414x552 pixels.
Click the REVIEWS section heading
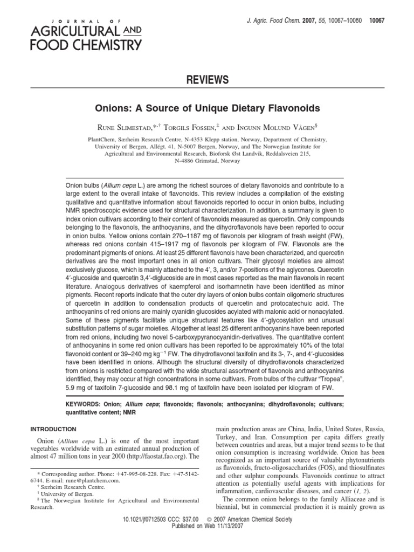point(207,80)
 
